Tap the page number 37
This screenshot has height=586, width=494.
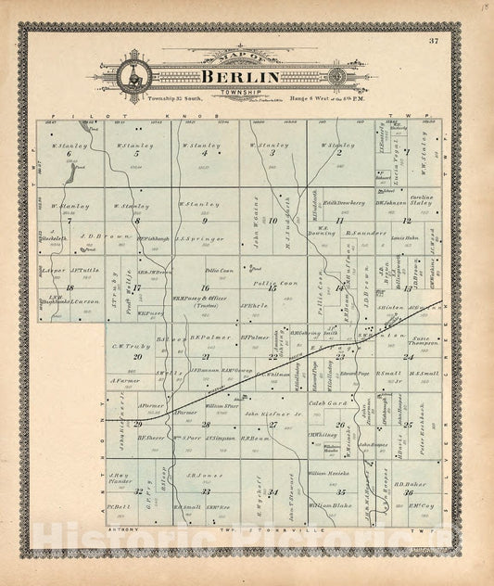pyautogui.click(x=435, y=41)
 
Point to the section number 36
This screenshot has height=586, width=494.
pyautogui.click(x=408, y=492)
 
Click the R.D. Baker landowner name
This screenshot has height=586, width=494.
pyautogui.click(x=409, y=483)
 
